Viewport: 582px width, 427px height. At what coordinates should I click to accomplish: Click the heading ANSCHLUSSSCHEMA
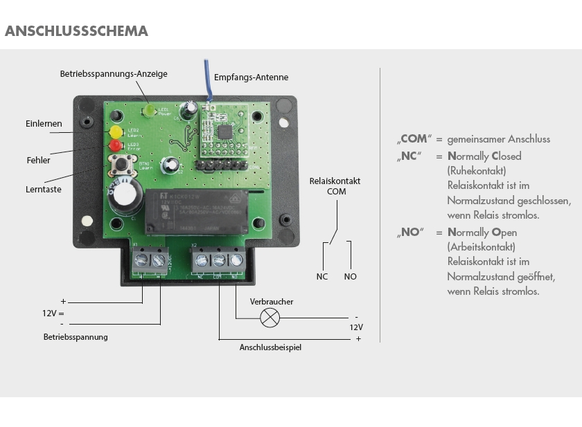tap(76, 31)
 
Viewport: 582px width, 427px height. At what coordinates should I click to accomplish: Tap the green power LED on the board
tap(150, 110)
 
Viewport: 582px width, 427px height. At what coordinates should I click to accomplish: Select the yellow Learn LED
tap(115, 131)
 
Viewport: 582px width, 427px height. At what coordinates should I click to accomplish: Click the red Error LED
tap(115, 145)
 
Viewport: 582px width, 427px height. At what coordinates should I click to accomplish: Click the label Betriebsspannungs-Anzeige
tap(113, 73)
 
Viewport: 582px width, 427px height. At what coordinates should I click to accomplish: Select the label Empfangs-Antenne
tap(251, 78)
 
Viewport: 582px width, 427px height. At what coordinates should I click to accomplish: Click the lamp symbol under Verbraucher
tap(269, 318)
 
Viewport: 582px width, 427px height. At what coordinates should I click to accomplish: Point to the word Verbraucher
tap(272, 302)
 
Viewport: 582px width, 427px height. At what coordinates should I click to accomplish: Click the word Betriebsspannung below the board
tap(76, 337)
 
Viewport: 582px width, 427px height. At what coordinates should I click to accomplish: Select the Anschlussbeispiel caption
tap(270, 347)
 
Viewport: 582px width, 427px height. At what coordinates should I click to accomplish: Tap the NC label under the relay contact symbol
tap(321, 277)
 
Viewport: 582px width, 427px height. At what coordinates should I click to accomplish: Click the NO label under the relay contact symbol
tap(350, 277)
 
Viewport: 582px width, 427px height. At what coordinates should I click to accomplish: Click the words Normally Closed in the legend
tap(484, 156)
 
